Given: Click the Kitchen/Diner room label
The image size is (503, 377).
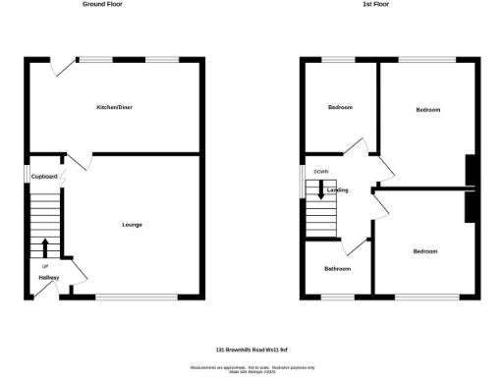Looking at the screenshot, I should [x=115, y=106].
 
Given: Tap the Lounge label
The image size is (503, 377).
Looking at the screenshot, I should [x=132, y=225].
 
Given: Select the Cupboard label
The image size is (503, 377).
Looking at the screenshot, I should [x=44, y=176].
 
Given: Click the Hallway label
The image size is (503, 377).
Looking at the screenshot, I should [x=49, y=278].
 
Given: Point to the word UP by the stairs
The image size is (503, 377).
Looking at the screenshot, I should [x=45, y=266].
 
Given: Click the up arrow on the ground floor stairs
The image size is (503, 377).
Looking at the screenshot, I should [x=45, y=247].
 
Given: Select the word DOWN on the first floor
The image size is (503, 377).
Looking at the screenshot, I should [x=321, y=172].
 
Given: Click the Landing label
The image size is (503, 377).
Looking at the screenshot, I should [x=338, y=189].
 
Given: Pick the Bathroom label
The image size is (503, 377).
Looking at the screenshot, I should [x=337, y=268].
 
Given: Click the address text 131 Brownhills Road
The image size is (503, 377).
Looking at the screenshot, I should [x=251, y=350].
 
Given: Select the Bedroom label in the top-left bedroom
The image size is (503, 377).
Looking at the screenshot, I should [x=339, y=107].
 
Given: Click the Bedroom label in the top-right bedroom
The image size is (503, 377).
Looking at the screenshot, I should [x=427, y=109].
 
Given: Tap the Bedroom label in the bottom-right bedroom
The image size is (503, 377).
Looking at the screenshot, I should [x=424, y=251].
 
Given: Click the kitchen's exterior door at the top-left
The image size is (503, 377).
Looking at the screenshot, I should [x=63, y=66].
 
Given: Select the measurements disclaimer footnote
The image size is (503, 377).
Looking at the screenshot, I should [x=251, y=368].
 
